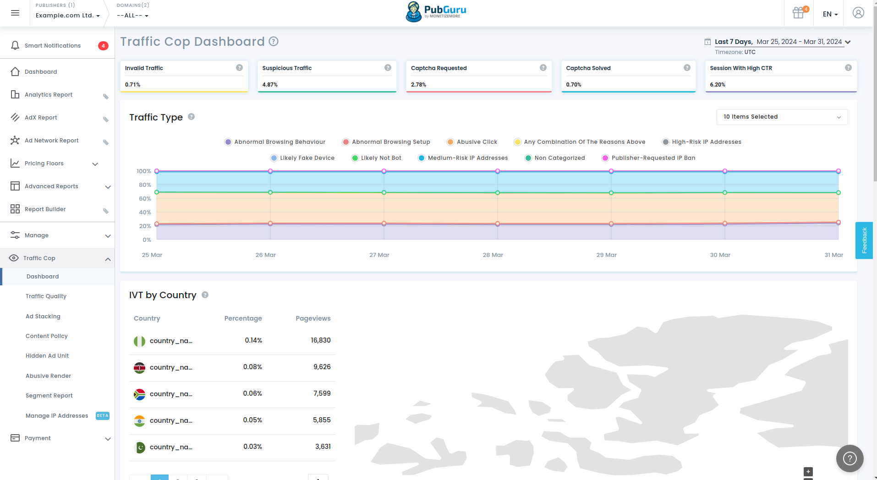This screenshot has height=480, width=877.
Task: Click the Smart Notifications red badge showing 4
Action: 103,46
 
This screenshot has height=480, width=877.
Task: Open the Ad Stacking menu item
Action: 43,316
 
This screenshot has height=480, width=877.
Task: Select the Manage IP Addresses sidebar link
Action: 57,416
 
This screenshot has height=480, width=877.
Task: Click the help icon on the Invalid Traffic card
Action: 239,68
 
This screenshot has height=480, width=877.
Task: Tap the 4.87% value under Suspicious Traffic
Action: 270,85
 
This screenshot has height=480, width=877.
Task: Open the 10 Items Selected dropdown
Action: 782,117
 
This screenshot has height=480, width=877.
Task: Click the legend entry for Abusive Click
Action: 477,142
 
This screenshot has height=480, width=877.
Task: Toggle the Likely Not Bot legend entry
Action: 381,158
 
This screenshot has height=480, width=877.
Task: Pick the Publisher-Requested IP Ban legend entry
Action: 653,158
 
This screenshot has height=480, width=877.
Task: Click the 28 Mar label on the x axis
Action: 493,255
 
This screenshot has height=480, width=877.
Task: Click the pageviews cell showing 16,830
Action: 320,340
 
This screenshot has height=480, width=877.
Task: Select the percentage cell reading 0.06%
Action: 252,393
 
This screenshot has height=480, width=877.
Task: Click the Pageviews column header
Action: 313,318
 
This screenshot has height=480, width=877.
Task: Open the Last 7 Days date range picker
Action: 778,42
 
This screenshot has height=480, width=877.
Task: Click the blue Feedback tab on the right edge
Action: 864,240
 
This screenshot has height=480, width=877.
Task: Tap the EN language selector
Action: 830,14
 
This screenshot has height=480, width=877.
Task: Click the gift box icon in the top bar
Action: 798,13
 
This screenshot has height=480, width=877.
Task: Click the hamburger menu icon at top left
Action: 15,13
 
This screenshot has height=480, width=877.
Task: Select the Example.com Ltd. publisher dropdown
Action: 67,16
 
